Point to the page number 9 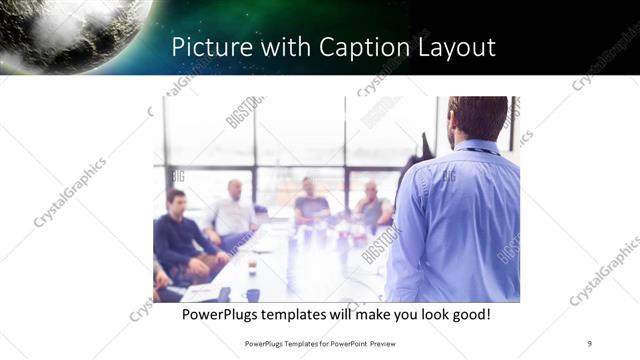tap(589, 343)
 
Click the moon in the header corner tap(70, 30)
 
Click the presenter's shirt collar tap(478, 147)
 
